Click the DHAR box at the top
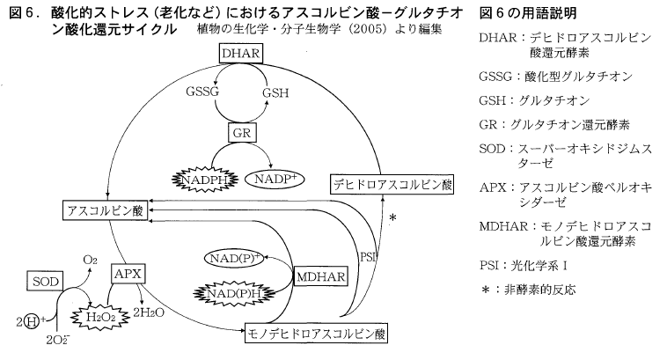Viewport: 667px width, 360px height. (x=240, y=55)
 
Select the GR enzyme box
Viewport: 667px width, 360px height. (x=240, y=133)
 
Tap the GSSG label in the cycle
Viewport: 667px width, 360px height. (x=202, y=91)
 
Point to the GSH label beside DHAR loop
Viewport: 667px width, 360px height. (x=275, y=91)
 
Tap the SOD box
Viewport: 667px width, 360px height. (x=45, y=280)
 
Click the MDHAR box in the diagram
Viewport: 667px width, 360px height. (x=321, y=276)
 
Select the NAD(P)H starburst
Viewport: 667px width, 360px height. (x=234, y=291)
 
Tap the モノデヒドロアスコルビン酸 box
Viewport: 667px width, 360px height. (x=314, y=334)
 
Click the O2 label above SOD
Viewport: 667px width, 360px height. (x=90, y=260)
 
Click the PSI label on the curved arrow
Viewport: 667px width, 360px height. (x=369, y=258)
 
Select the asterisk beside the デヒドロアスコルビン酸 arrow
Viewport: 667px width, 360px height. (x=392, y=217)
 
